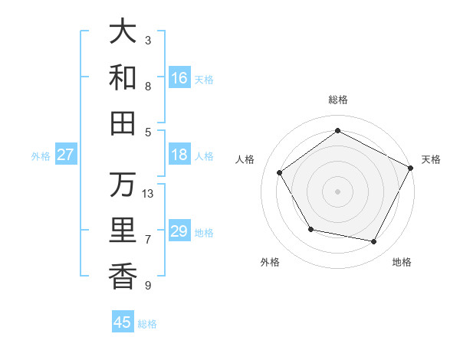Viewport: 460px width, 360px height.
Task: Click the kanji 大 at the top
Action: [123, 31]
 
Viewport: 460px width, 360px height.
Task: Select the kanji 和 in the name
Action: [123, 77]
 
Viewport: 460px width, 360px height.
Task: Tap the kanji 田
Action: [123, 123]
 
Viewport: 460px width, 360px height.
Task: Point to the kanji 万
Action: [123, 185]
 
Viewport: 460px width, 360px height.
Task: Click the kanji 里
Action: [123, 231]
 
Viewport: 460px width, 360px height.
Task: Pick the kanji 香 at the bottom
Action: [123, 277]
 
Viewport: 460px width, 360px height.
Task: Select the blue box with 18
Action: [179, 155]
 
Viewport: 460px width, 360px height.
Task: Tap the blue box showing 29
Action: [179, 231]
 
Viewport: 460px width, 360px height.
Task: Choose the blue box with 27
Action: [66, 155]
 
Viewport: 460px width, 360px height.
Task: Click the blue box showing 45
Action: [123, 322]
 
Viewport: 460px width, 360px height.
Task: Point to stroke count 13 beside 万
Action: [148, 194]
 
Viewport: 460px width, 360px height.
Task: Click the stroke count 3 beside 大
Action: [148, 39]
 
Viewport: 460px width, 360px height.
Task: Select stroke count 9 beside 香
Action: [148, 286]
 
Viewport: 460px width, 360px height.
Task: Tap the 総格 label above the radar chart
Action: [338, 100]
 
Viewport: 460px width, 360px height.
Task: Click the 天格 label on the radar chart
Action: [431, 159]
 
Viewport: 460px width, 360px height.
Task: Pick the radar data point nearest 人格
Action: [280, 172]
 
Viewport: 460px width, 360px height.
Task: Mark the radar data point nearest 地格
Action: [374, 242]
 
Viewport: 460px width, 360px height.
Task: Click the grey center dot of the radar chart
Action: [338, 191]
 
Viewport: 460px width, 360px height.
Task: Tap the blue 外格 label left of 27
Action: [41, 155]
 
